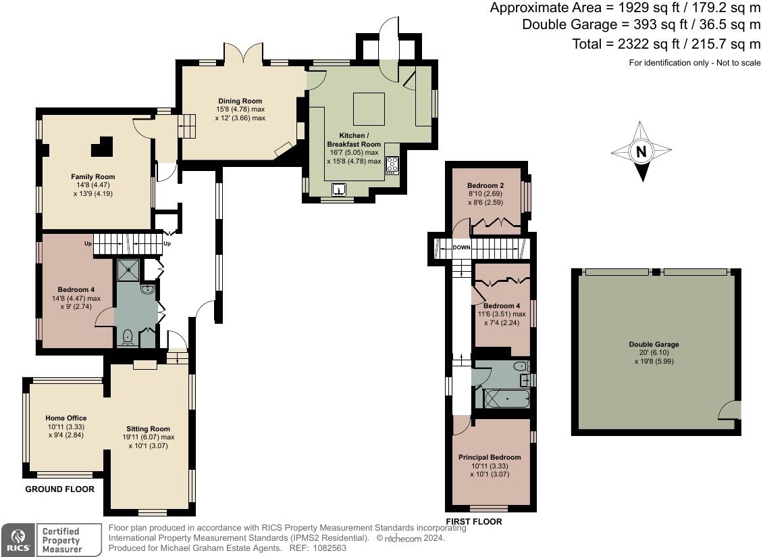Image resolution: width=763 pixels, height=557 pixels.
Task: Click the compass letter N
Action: pyautogui.click(x=641, y=151)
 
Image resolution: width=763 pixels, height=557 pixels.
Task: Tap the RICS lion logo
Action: pyautogui.click(x=16, y=539)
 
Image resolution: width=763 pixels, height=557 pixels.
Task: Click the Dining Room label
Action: pyautogui.click(x=240, y=101)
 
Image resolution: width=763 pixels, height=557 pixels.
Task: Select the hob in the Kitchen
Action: pyautogui.click(x=392, y=166)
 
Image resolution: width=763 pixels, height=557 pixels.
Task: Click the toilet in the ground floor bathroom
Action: pyautogui.click(x=127, y=336)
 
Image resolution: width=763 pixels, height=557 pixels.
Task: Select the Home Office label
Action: pyautogui.click(x=66, y=418)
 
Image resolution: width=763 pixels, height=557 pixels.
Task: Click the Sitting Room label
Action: pyautogui.click(x=148, y=429)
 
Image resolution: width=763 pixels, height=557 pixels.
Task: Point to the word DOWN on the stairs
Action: pyautogui.click(x=461, y=248)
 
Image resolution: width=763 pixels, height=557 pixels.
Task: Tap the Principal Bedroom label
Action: pyautogui.click(x=490, y=457)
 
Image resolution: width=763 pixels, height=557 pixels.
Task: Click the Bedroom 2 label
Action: pyautogui.click(x=485, y=185)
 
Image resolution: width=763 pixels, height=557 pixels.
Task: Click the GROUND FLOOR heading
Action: pyautogui.click(x=59, y=489)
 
